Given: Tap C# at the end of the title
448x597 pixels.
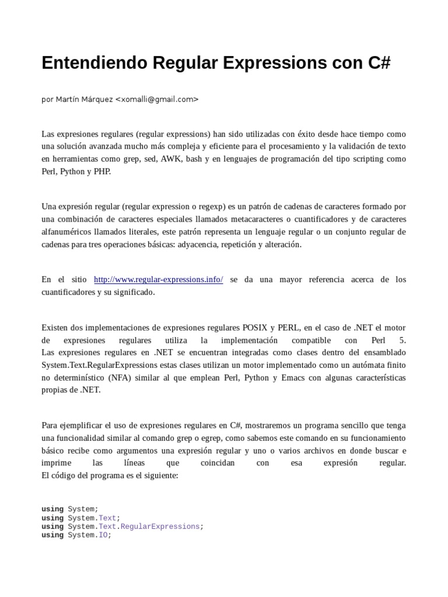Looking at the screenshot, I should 379,63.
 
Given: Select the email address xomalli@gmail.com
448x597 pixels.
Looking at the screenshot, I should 157,99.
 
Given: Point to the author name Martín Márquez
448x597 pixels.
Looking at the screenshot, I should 84,99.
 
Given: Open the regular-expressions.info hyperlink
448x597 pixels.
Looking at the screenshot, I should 158,280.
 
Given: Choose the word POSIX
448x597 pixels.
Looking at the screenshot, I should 254,328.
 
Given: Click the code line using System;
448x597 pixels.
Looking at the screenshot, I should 70,509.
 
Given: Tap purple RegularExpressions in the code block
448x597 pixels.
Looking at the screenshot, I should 160,526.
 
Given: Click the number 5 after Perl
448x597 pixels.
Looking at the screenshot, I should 402,340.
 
